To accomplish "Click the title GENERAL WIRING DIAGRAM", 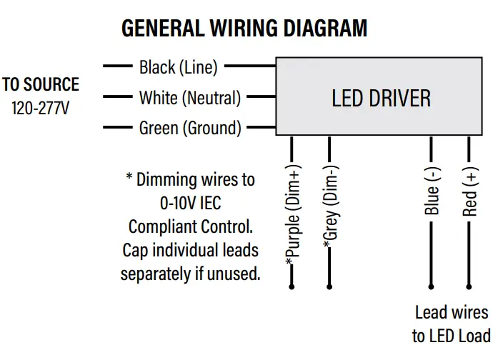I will (244, 29).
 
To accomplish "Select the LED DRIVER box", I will (381, 97).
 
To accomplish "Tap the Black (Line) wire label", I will (179, 68).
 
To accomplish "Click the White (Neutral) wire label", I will (190, 98).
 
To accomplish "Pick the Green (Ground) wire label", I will (190, 129).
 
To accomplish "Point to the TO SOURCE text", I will (41, 85).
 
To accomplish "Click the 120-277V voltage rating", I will (41, 109).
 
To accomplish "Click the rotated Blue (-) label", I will (432, 191).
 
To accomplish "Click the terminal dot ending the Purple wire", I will (292, 286).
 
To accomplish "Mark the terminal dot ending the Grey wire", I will (329, 286).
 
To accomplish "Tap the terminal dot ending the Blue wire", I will (432, 286).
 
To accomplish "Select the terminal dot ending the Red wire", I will (469, 286).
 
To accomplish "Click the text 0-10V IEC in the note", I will (190, 203).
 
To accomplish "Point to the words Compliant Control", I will (190, 227).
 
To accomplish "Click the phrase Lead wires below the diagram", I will (452, 313).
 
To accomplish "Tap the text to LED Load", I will (452, 336).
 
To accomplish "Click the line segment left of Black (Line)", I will (118, 66).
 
